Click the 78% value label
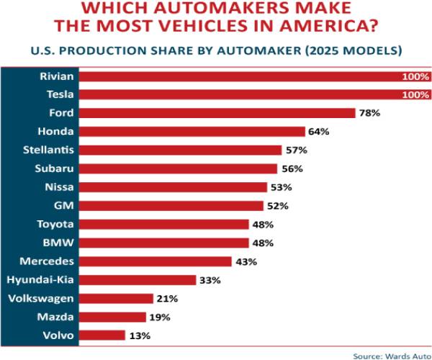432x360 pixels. click(370, 113)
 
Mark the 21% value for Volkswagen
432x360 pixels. click(167, 298)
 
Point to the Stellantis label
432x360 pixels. click(46, 150)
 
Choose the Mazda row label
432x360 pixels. click(55, 316)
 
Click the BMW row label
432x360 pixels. click(59, 242)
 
